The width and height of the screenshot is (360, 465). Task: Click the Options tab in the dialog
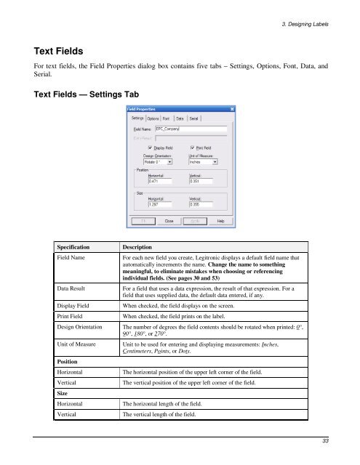tap(153, 118)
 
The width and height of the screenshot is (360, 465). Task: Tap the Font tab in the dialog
tap(167, 118)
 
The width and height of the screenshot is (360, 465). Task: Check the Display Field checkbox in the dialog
tap(150, 147)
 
